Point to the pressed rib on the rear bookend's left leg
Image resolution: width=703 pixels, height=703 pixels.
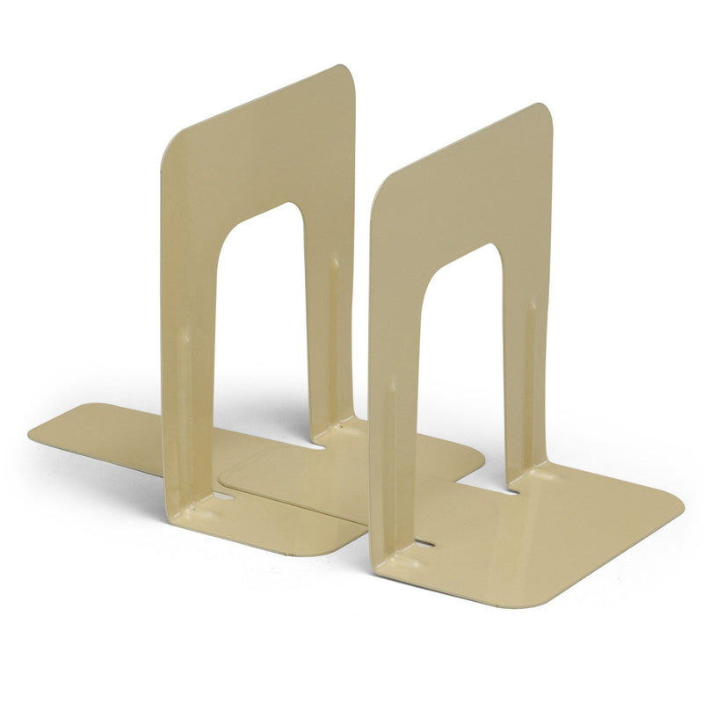click(183, 369)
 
